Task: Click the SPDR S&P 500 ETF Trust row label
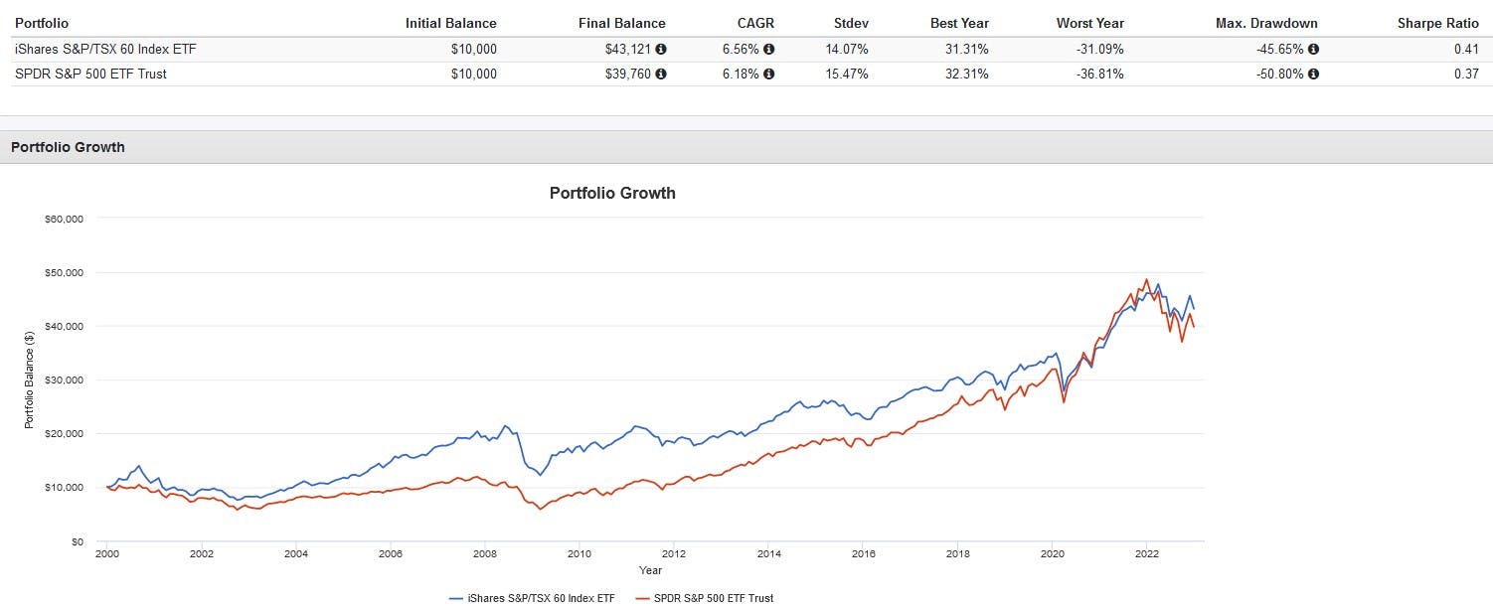coord(90,74)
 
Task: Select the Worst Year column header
coord(1090,23)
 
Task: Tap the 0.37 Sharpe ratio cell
coord(1465,74)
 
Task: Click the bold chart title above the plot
coord(612,193)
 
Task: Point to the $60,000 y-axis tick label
coord(64,219)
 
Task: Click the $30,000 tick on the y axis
coord(64,380)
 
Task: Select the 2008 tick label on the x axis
coord(485,554)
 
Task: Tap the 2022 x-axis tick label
coord(1147,554)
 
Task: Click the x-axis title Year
coord(650,570)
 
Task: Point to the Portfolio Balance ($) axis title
coord(29,380)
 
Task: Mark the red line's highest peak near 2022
coord(1146,279)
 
